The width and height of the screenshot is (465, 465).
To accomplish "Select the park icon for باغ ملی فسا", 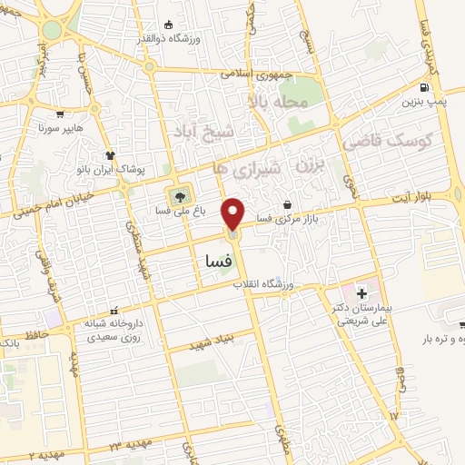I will coord(179,194).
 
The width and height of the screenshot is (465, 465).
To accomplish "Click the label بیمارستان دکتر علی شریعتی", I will coord(361,314).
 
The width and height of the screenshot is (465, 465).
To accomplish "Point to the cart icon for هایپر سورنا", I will coord(60,114).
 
